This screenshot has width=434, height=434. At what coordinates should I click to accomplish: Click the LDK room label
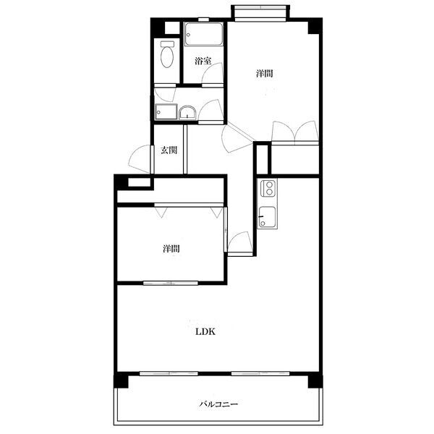(205, 331)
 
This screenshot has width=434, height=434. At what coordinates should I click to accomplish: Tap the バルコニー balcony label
(218, 404)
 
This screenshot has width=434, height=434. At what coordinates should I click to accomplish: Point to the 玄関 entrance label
(169, 150)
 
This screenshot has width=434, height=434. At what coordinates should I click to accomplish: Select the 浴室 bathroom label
(203, 61)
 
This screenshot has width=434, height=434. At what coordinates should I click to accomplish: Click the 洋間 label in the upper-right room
(265, 73)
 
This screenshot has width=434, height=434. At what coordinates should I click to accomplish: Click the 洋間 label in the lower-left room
(171, 249)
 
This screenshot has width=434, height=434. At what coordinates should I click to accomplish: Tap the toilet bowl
(167, 54)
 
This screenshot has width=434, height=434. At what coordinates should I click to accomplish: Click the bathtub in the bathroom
(204, 34)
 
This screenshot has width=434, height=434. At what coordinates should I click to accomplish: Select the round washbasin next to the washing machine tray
(187, 113)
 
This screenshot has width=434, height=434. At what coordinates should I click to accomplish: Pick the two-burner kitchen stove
(268, 188)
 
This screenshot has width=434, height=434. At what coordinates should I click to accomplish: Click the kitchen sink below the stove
(267, 217)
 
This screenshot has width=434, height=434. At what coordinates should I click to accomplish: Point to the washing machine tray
(166, 112)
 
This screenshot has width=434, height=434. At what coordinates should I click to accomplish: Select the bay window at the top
(260, 13)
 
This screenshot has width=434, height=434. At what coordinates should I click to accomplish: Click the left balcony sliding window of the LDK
(169, 373)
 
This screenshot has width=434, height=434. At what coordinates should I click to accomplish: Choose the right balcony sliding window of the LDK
(260, 373)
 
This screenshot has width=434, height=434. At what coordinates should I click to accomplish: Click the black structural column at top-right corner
(315, 26)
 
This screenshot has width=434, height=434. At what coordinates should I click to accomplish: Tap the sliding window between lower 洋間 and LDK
(171, 283)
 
